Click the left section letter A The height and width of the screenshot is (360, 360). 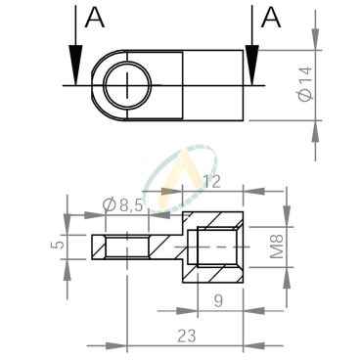[x=94, y=18]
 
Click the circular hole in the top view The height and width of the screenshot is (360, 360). [x=126, y=84]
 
